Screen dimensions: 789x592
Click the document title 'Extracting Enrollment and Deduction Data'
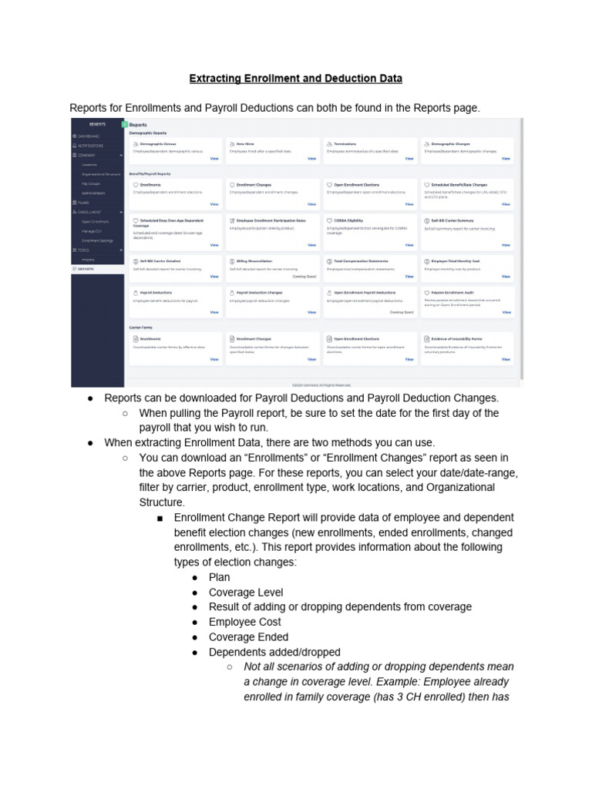click(296, 79)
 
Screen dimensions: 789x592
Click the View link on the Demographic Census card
click(214, 159)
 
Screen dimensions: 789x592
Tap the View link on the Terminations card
click(409, 159)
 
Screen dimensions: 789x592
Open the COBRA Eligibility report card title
click(348, 220)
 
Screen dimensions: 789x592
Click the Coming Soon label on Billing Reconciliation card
click(304, 275)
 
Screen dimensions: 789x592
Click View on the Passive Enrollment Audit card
click(506, 312)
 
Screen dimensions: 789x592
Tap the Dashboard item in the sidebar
click(89, 136)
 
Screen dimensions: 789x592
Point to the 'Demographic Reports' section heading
click(147, 133)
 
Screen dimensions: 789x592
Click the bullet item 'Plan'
click(219, 577)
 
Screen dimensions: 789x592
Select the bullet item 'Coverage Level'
click(246, 593)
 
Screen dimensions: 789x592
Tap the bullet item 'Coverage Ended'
click(248, 637)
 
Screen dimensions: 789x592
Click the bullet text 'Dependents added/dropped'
click(274, 652)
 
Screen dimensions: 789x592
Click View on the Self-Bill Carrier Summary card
click(506, 245)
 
